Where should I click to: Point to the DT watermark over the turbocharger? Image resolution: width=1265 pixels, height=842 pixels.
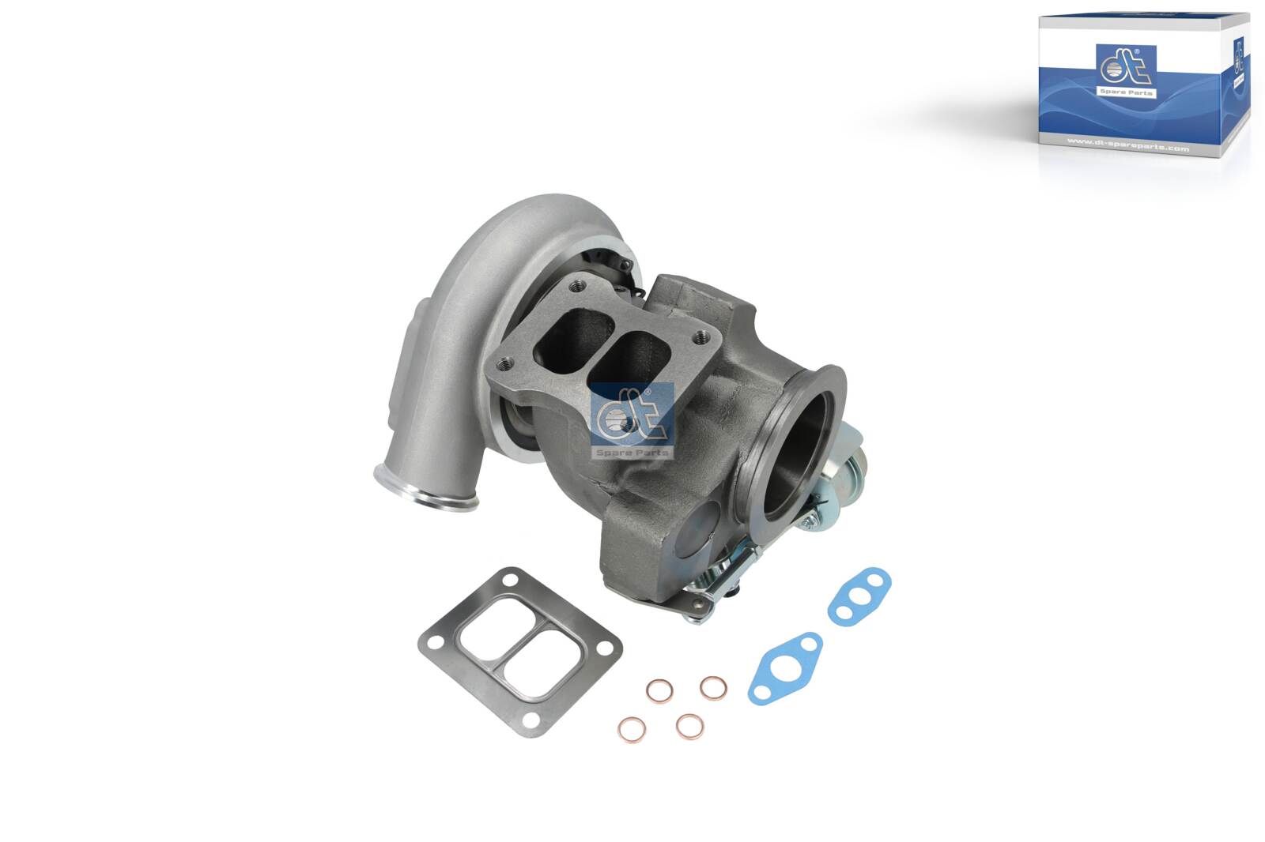pyautogui.click(x=632, y=421)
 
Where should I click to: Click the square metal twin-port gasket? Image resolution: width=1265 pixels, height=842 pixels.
pyautogui.click(x=520, y=651)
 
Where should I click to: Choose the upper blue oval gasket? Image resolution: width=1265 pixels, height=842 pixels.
pyautogui.click(x=859, y=594)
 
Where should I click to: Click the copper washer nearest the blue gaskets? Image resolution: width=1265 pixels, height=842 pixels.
pyautogui.click(x=713, y=687)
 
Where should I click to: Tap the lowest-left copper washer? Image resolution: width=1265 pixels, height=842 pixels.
pyautogui.click(x=632, y=729)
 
